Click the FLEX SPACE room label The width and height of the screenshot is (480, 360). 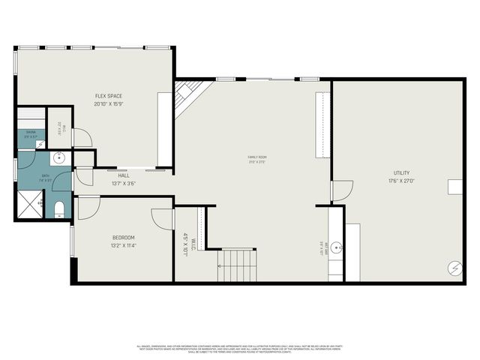point(108,96)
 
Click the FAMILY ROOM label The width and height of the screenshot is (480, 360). point(258,157)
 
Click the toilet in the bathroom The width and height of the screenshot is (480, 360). point(58,207)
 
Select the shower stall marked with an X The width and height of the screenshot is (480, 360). point(29,203)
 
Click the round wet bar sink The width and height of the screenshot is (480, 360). point(337,246)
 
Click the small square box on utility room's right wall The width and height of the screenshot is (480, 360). point(455,187)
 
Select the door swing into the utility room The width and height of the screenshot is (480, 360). point(341,190)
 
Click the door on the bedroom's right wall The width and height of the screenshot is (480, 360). point(163,219)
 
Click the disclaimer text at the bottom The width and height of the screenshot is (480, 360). point(240,348)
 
